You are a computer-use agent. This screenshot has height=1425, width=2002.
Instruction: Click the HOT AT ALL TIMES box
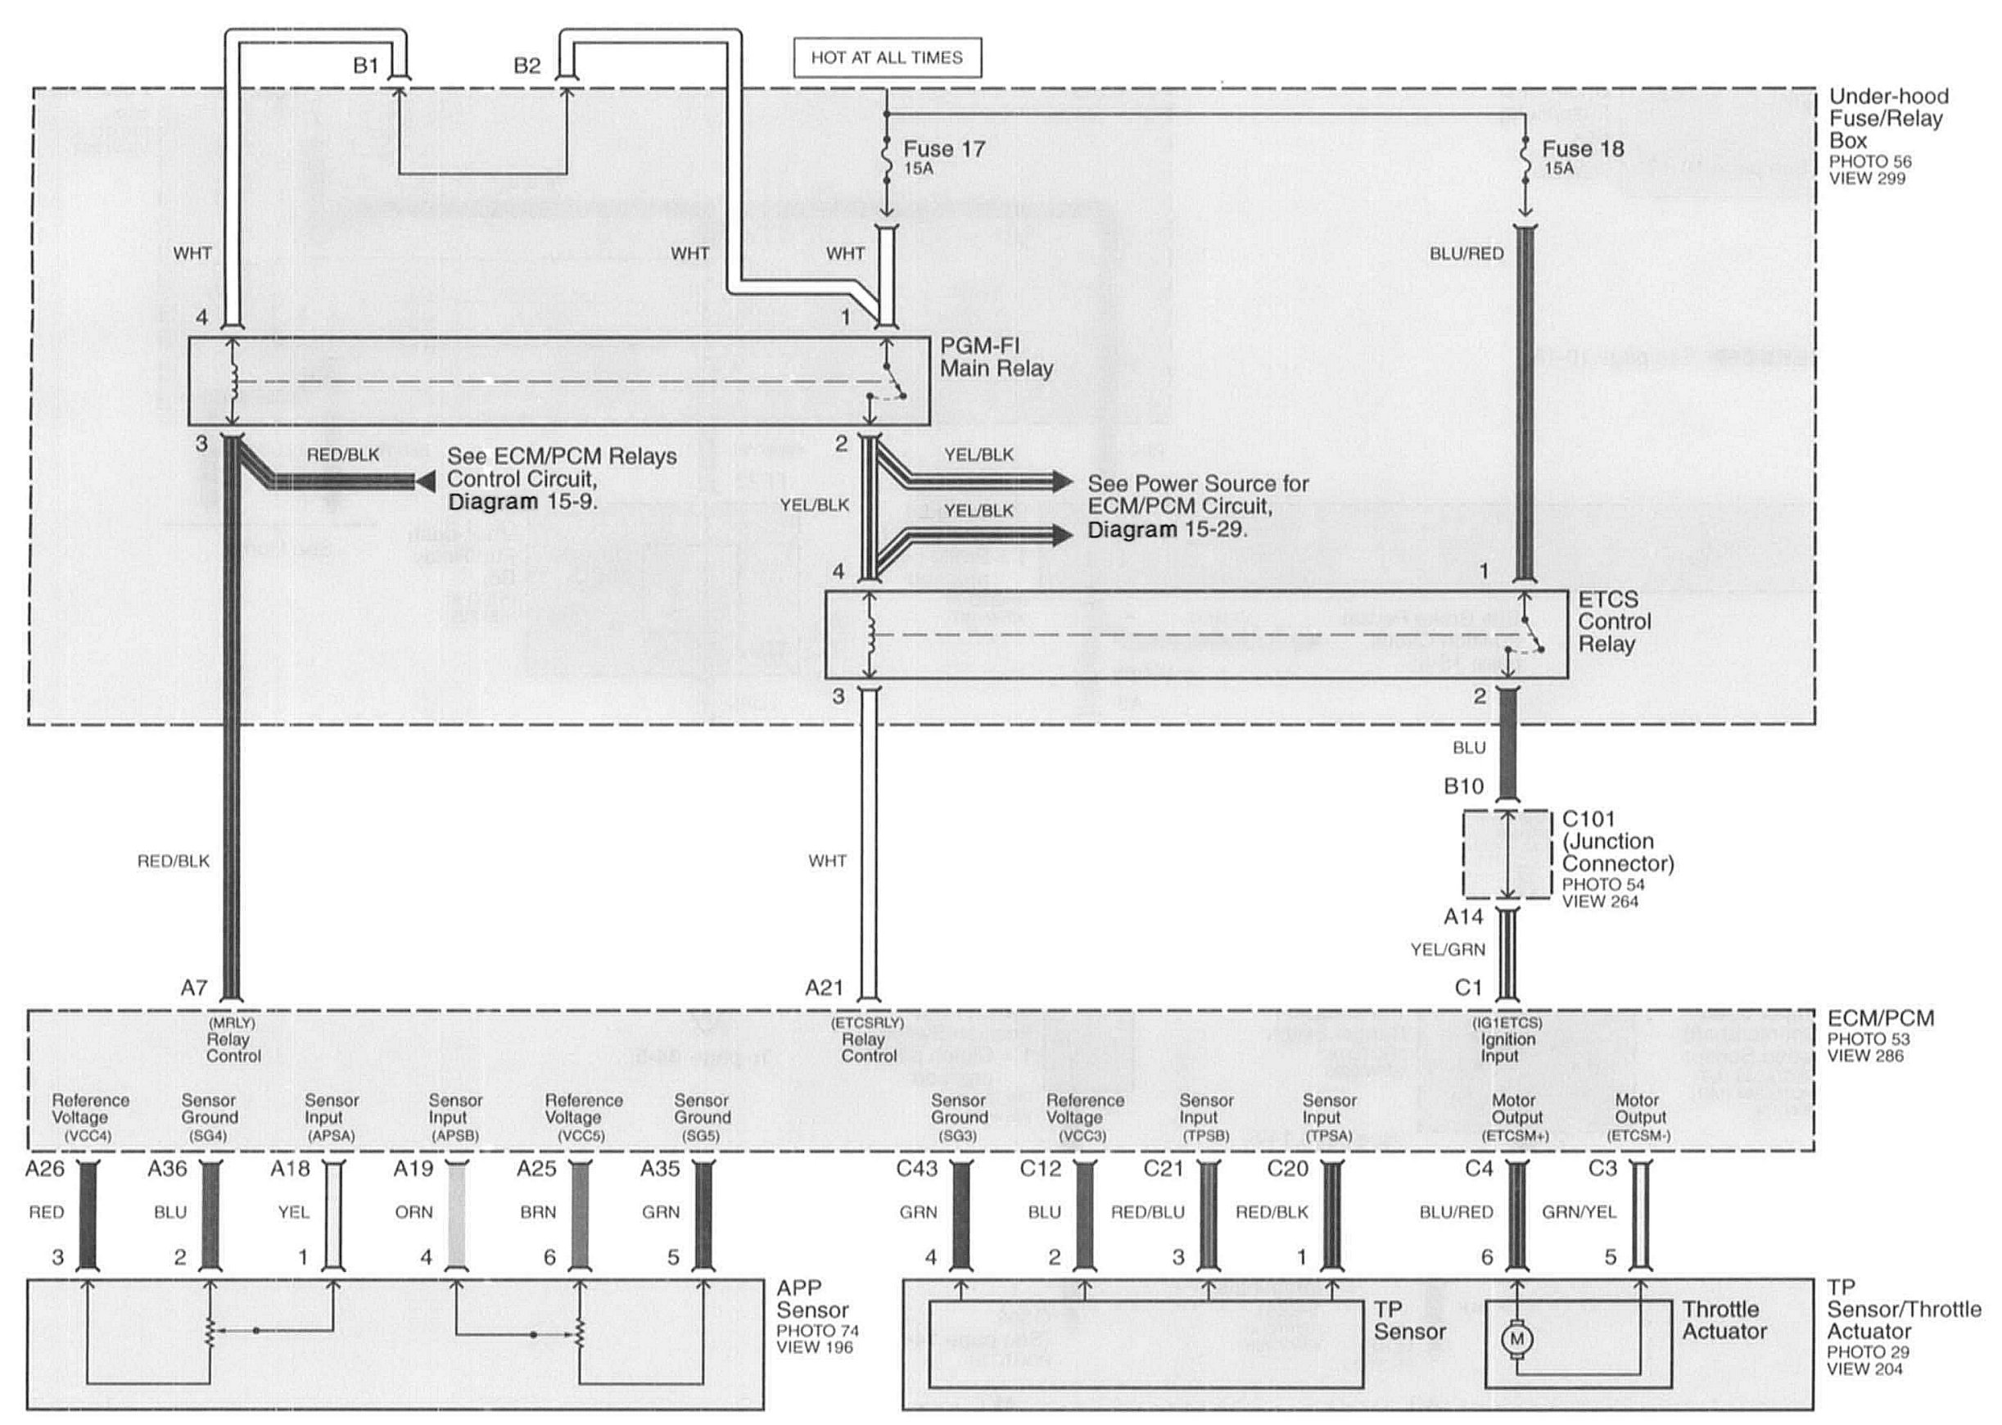(x=886, y=58)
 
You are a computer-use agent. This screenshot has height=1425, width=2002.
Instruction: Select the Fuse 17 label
(x=944, y=149)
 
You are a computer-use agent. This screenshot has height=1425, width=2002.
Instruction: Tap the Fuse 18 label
(x=1583, y=149)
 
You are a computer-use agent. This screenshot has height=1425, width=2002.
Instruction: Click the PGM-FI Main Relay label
(x=996, y=357)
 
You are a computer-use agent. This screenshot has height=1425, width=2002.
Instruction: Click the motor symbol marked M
(x=1516, y=1339)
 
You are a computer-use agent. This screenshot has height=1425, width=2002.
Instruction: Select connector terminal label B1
(x=365, y=66)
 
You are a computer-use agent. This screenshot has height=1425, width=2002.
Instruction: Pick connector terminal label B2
(x=526, y=66)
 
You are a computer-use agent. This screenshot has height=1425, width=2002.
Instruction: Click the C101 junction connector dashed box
(x=1506, y=853)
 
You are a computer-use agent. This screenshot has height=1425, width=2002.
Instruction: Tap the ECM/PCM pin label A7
(x=194, y=988)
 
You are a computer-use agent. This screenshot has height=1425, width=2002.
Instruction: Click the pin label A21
(x=824, y=988)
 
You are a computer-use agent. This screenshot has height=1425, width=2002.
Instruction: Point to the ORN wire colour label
(x=414, y=1212)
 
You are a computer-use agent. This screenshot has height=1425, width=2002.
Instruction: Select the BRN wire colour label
(x=538, y=1212)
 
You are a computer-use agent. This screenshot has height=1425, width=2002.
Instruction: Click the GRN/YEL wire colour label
(x=1579, y=1212)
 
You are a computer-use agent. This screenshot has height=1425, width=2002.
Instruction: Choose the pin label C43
(x=917, y=1169)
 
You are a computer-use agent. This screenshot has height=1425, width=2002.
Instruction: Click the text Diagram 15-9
(x=522, y=502)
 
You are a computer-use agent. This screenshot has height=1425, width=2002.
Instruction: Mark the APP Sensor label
(x=811, y=1300)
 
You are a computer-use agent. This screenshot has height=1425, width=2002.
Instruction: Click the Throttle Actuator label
(x=1723, y=1320)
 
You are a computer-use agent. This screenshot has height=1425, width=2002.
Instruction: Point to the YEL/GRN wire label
(x=1448, y=949)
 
